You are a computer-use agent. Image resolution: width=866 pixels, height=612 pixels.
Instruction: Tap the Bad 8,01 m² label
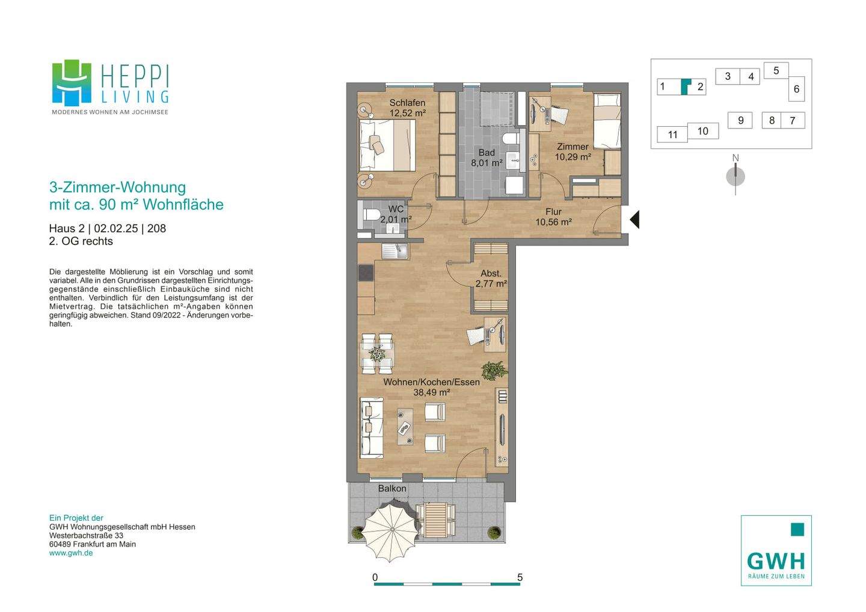[487, 157]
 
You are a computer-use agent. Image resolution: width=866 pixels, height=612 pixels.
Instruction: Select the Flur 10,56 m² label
[553, 217]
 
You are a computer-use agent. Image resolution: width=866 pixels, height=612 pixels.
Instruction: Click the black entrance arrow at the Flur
[635, 219]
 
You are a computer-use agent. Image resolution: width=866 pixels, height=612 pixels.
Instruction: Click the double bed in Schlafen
[387, 145]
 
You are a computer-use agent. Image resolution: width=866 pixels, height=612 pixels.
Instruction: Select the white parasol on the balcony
[390, 530]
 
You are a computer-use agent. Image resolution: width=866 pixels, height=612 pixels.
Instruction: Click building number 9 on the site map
[740, 121]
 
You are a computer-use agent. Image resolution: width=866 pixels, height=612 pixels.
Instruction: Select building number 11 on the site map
[672, 135]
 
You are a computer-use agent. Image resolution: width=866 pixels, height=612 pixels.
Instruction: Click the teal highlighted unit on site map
[686, 86]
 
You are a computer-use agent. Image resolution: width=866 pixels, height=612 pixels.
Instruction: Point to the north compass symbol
[735, 176]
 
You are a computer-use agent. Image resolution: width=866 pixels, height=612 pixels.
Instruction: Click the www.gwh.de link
[71, 553]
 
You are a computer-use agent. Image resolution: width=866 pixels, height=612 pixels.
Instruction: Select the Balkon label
[392, 488]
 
